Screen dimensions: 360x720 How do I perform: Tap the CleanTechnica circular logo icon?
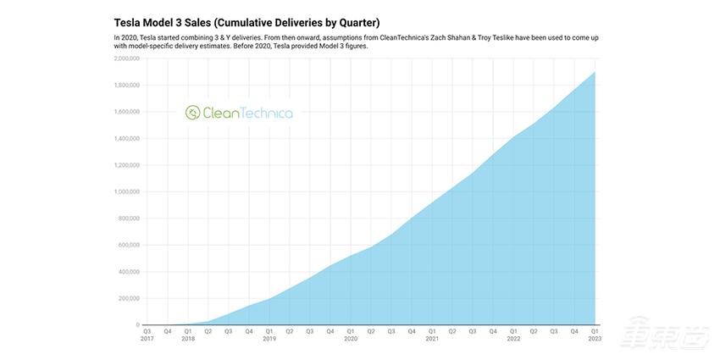pos(193,113)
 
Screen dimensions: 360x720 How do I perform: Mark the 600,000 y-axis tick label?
pos(126,245)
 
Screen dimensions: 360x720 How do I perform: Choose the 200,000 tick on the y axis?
pos(126,298)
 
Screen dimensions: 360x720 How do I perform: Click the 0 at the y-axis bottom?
pos(136,325)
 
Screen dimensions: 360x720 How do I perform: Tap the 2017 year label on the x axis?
pos(147,338)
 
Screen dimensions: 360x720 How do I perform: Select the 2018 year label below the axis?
pos(188,338)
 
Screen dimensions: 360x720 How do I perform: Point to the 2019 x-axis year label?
pos(269,338)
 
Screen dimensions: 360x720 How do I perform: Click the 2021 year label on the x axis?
pos(432,338)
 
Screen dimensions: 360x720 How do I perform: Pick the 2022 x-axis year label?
pos(513,338)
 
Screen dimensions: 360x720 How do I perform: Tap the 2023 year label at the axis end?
pos(594,338)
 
